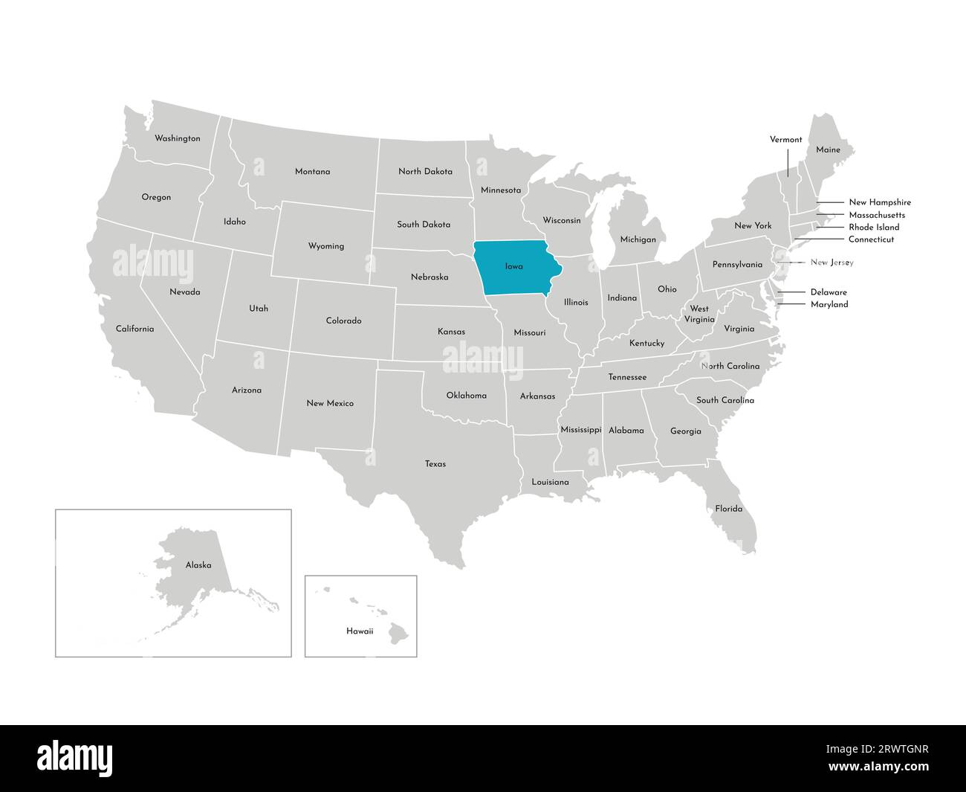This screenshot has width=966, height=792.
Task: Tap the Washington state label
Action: pos(177,138)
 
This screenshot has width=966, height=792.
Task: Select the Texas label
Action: pos(435,464)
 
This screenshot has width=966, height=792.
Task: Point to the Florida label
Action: pos(728,509)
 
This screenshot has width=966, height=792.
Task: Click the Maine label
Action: pos(828,149)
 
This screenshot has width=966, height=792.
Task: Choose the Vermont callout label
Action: pos(785,139)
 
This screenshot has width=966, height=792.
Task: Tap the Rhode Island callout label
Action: pos(874,227)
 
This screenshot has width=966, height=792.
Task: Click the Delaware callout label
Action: pos(829,292)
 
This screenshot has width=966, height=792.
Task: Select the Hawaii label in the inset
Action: pos(360,631)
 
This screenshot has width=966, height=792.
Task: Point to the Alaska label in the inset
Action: pos(198,565)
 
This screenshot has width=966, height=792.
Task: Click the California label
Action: pos(134,329)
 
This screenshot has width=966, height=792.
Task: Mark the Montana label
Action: pos(312,172)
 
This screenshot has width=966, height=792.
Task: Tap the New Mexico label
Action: pos(330,403)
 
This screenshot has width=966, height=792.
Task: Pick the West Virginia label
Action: pos(699,314)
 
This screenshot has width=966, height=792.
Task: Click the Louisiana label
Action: pos(550,482)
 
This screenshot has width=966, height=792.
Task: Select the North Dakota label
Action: pos(425,171)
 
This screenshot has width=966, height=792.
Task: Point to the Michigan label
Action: pos(638,239)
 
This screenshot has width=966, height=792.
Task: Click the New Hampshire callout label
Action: pos(880,202)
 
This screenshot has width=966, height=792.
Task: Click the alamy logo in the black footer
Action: pos(75,758)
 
